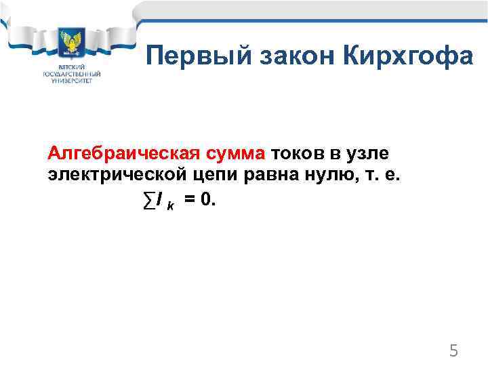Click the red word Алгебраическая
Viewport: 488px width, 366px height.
pyautogui.click(x=123, y=154)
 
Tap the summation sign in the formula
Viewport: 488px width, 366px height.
pyautogui.click(x=148, y=200)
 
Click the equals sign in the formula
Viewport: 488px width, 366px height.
pyautogui.click(x=190, y=200)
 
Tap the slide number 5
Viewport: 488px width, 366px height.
pyautogui.click(x=454, y=350)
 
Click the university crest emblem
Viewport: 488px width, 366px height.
pyautogui.click(x=71, y=45)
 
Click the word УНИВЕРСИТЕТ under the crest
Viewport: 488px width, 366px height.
pyautogui.click(x=71, y=80)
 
